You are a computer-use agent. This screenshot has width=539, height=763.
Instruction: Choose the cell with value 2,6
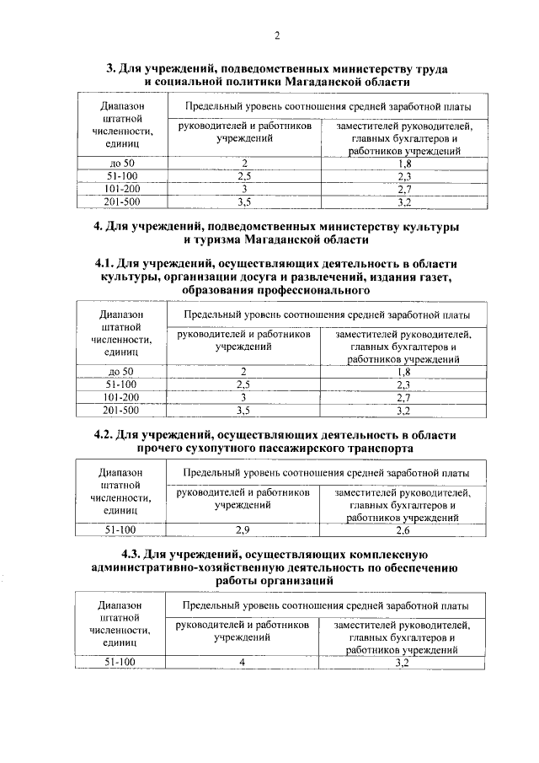402,529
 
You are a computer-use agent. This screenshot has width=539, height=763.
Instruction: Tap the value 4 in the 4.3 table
242,663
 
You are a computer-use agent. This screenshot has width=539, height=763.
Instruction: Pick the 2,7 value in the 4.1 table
402,397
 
